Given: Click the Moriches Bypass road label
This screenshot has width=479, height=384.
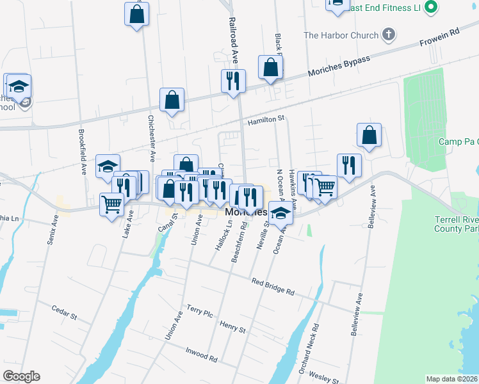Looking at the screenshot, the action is (x=339, y=66).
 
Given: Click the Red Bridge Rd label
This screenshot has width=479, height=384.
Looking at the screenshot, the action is (x=272, y=286).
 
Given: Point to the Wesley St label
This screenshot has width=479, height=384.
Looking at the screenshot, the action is (x=323, y=376).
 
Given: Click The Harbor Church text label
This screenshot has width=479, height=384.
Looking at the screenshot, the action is (x=341, y=35).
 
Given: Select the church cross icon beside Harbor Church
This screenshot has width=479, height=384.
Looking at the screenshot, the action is (x=387, y=35).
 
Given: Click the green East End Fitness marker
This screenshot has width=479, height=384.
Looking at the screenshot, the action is (x=430, y=7).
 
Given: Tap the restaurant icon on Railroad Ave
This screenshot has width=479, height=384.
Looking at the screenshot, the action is (x=232, y=81).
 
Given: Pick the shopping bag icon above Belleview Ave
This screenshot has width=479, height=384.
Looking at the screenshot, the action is (x=369, y=134).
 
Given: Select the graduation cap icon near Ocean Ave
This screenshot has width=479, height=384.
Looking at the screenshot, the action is (x=279, y=212).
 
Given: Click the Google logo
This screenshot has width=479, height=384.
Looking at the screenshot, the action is (x=21, y=376).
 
